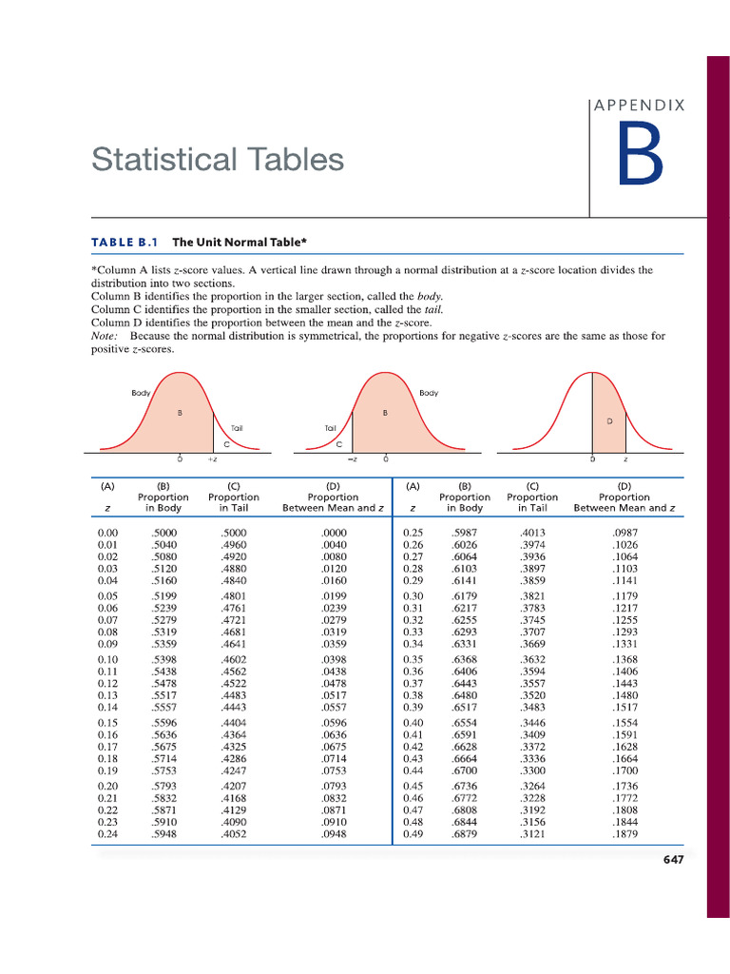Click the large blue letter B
(x=639, y=154)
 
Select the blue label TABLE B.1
(x=124, y=242)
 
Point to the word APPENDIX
(x=639, y=106)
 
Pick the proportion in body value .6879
(x=465, y=834)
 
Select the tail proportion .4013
(x=532, y=534)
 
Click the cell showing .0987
(x=625, y=534)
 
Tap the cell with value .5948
(x=163, y=834)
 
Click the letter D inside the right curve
(x=608, y=419)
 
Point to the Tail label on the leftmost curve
(x=238, y=428)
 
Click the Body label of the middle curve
(x=429, y=393)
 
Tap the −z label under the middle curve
(x=352, y=459)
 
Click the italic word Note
(x=105, y=336)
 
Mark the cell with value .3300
(x=532, y=771)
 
